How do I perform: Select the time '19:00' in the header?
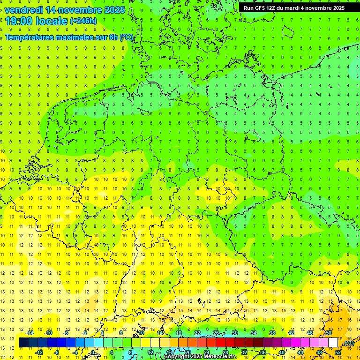[19, 21]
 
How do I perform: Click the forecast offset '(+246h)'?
[83, 21]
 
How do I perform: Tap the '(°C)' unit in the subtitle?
[126, 37]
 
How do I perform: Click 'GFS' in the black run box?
[261, 8]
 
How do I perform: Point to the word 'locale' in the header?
[51, 21]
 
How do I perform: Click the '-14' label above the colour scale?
[30, 333]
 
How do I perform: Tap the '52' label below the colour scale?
[338, 352]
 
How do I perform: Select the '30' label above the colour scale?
[234, 333]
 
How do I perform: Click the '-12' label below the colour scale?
[39, 352]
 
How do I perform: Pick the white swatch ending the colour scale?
[333, 343]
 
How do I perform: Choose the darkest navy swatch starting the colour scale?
[23, 343]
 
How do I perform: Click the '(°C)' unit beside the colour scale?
[349, 343]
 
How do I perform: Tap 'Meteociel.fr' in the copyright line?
[220, 357]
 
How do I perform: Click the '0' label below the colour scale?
[93, 352]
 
